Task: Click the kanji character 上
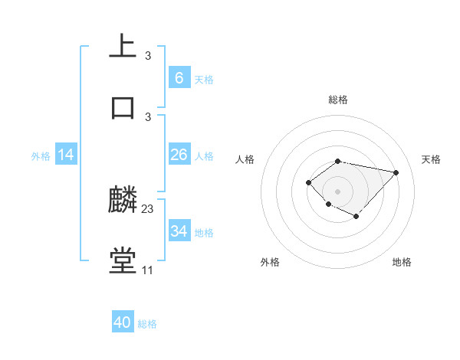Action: pyautogui.click(x=123, y=46)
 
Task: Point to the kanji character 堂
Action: pyautogui.click(x=123, y=261)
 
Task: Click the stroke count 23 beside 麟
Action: pyautogui.click(x=148, y=209)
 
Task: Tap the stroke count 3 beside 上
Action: pyautogui.click(x=148, y=55)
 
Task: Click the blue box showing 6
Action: pyautogui.click(x=179, y=78)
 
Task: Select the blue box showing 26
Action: pyautogui.click(x=179, y=155)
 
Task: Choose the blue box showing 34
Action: pyautogui.click(x=179, y=231)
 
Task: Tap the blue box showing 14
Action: pyautogui.click(x=66, y=155)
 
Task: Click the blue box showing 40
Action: pyautogui.click(x=123, y=322)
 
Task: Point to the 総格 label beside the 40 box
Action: pyautogui.click(x=147, y=324)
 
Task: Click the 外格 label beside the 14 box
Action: pyautogui.click(x=41, y=156)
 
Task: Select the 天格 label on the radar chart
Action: pyautogui.click(x=431, y=159)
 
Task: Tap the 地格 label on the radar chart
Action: pyautogui.click(x=402, y=262)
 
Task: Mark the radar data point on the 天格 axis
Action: pyautogui.click(x=396, y=172)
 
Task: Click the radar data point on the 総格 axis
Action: pyautogui.click(x=338, y=161)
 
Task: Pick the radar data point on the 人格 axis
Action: pyautogui.click(x=308, y=182)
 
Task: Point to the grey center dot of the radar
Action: pyautogui.click(x=338, y=191)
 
